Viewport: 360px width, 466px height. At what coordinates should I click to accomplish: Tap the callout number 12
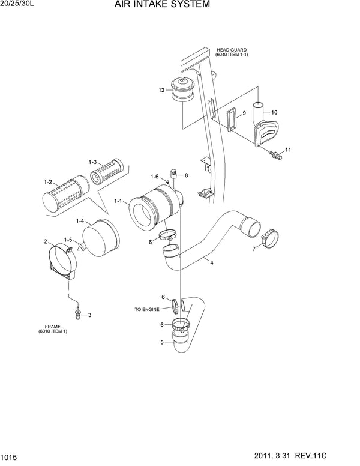[161, 90]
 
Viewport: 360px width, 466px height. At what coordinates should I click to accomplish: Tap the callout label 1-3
[93, 162]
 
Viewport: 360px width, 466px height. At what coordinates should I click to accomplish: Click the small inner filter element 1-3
[107, 172]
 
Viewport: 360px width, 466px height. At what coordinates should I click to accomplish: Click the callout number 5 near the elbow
[161, 343]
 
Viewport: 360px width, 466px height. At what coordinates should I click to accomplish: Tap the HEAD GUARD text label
[231, 50]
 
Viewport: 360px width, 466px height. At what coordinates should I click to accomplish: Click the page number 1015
[10, 458]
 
